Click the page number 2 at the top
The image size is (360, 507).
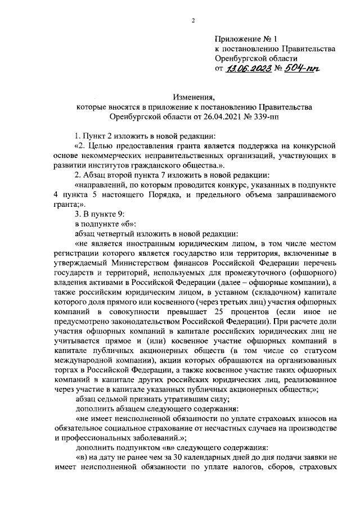pos(192,22)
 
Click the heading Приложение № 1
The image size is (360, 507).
pos(246,39)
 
